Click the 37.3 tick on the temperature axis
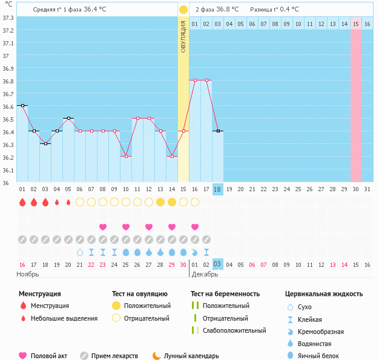(x=8, y=18)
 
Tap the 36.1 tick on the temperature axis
(x=8, y=169)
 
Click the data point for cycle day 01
(x=22, y=105)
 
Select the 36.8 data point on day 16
(x=195, y=80)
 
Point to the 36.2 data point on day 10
(x=126, y=156)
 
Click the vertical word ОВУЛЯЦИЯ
(x=183, y=36)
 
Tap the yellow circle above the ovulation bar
(x=183, y=10)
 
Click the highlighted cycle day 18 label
(x=218, y=189)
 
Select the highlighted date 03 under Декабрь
(x=218, y=264)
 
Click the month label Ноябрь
(x=28, y=274)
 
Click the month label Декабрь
(x=205, y=274)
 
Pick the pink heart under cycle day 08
(x=103, y=227)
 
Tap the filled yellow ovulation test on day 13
(x=160, y=201)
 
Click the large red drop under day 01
(x=22, y=201)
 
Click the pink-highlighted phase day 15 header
(x=356, y=24)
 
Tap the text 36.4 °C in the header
(x=95, y=10)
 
